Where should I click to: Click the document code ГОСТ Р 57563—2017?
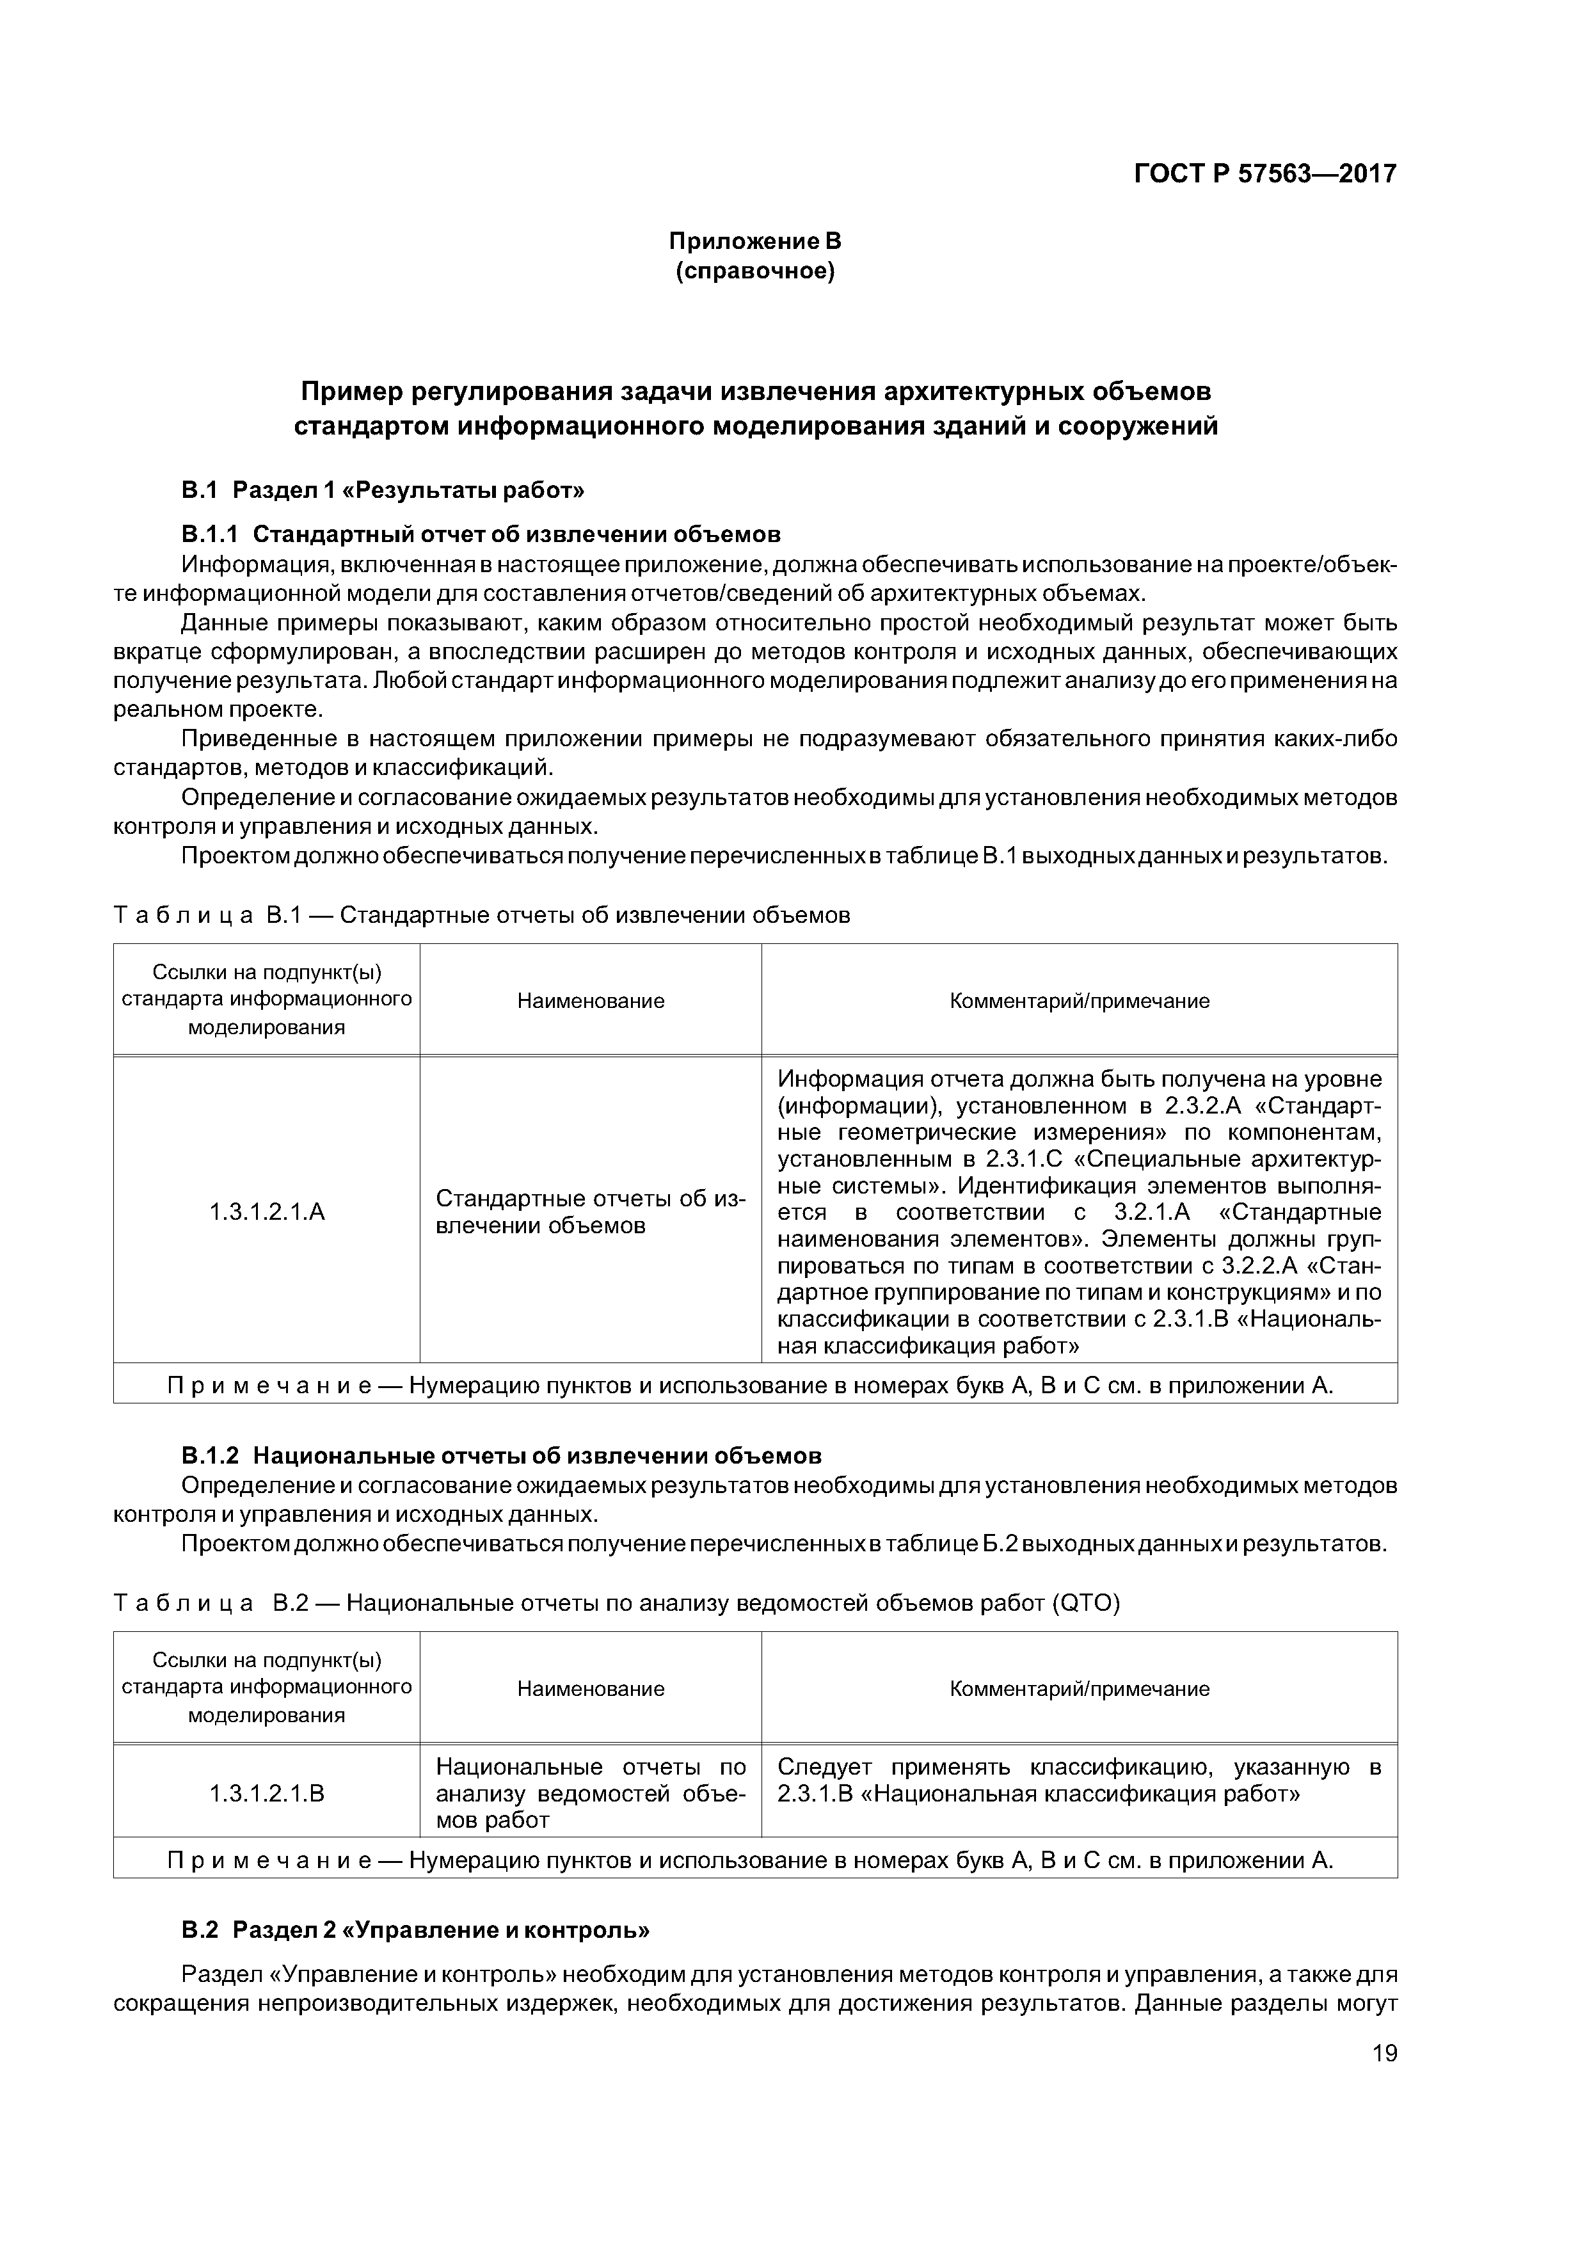point(1264,174)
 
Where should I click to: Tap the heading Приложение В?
point(755,241)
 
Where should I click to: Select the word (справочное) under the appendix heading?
point(755,271)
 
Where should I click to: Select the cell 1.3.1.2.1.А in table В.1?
point(267,1213)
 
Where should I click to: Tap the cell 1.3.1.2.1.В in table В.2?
point(267,1793)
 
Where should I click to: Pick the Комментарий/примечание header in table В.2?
point(1080,1689)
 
